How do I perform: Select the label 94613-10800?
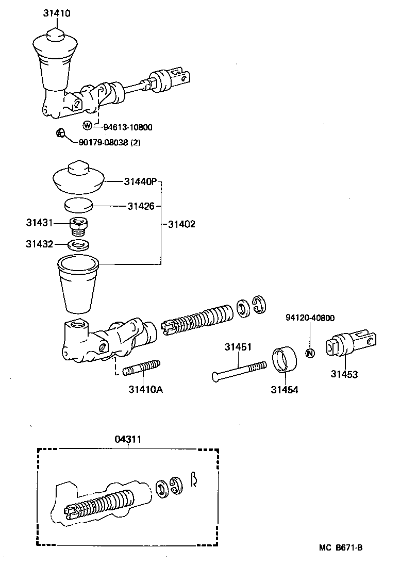pyautogui.click(x=128, y=126)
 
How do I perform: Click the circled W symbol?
pyautogui.click(x=88, y=125)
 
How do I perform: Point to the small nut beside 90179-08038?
pyautogui.click(x=59, y=134)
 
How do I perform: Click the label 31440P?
pyautogui.click(x=139, y=181)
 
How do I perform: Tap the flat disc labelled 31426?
pyautogui.click(x=78, y=206)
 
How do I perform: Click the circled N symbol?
pyautogui.click(x=310, y=354)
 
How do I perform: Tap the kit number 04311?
pyautogui.click(x=128, y=439)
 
